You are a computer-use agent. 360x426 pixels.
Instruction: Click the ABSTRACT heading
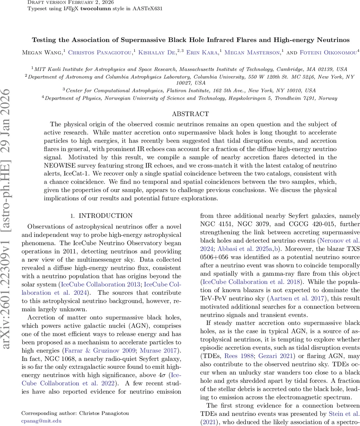tap(190, 114)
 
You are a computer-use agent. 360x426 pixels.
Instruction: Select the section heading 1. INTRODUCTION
tap(101, 215)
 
